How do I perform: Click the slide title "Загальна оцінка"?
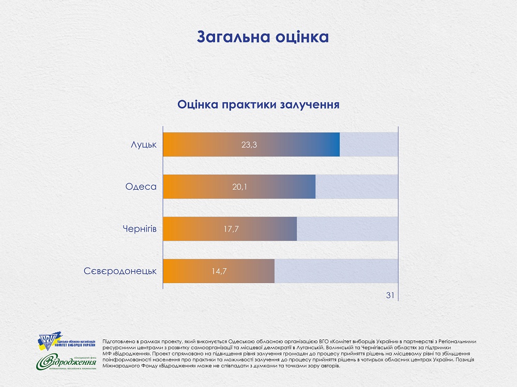[263, 37]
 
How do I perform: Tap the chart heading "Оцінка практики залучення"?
[258, 104]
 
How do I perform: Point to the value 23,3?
[249, 145]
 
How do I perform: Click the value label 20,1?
[239, 187]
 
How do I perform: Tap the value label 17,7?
[231, 228]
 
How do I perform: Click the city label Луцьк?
[144, 144]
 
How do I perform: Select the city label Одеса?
[141, 186]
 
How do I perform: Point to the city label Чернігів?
[139, 228]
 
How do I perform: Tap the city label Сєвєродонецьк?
[120, 270]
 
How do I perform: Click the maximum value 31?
[390, 295]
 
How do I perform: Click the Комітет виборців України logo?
[66, 343]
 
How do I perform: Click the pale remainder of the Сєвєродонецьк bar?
[336, 270]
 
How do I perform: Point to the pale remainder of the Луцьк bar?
[369, 145]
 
